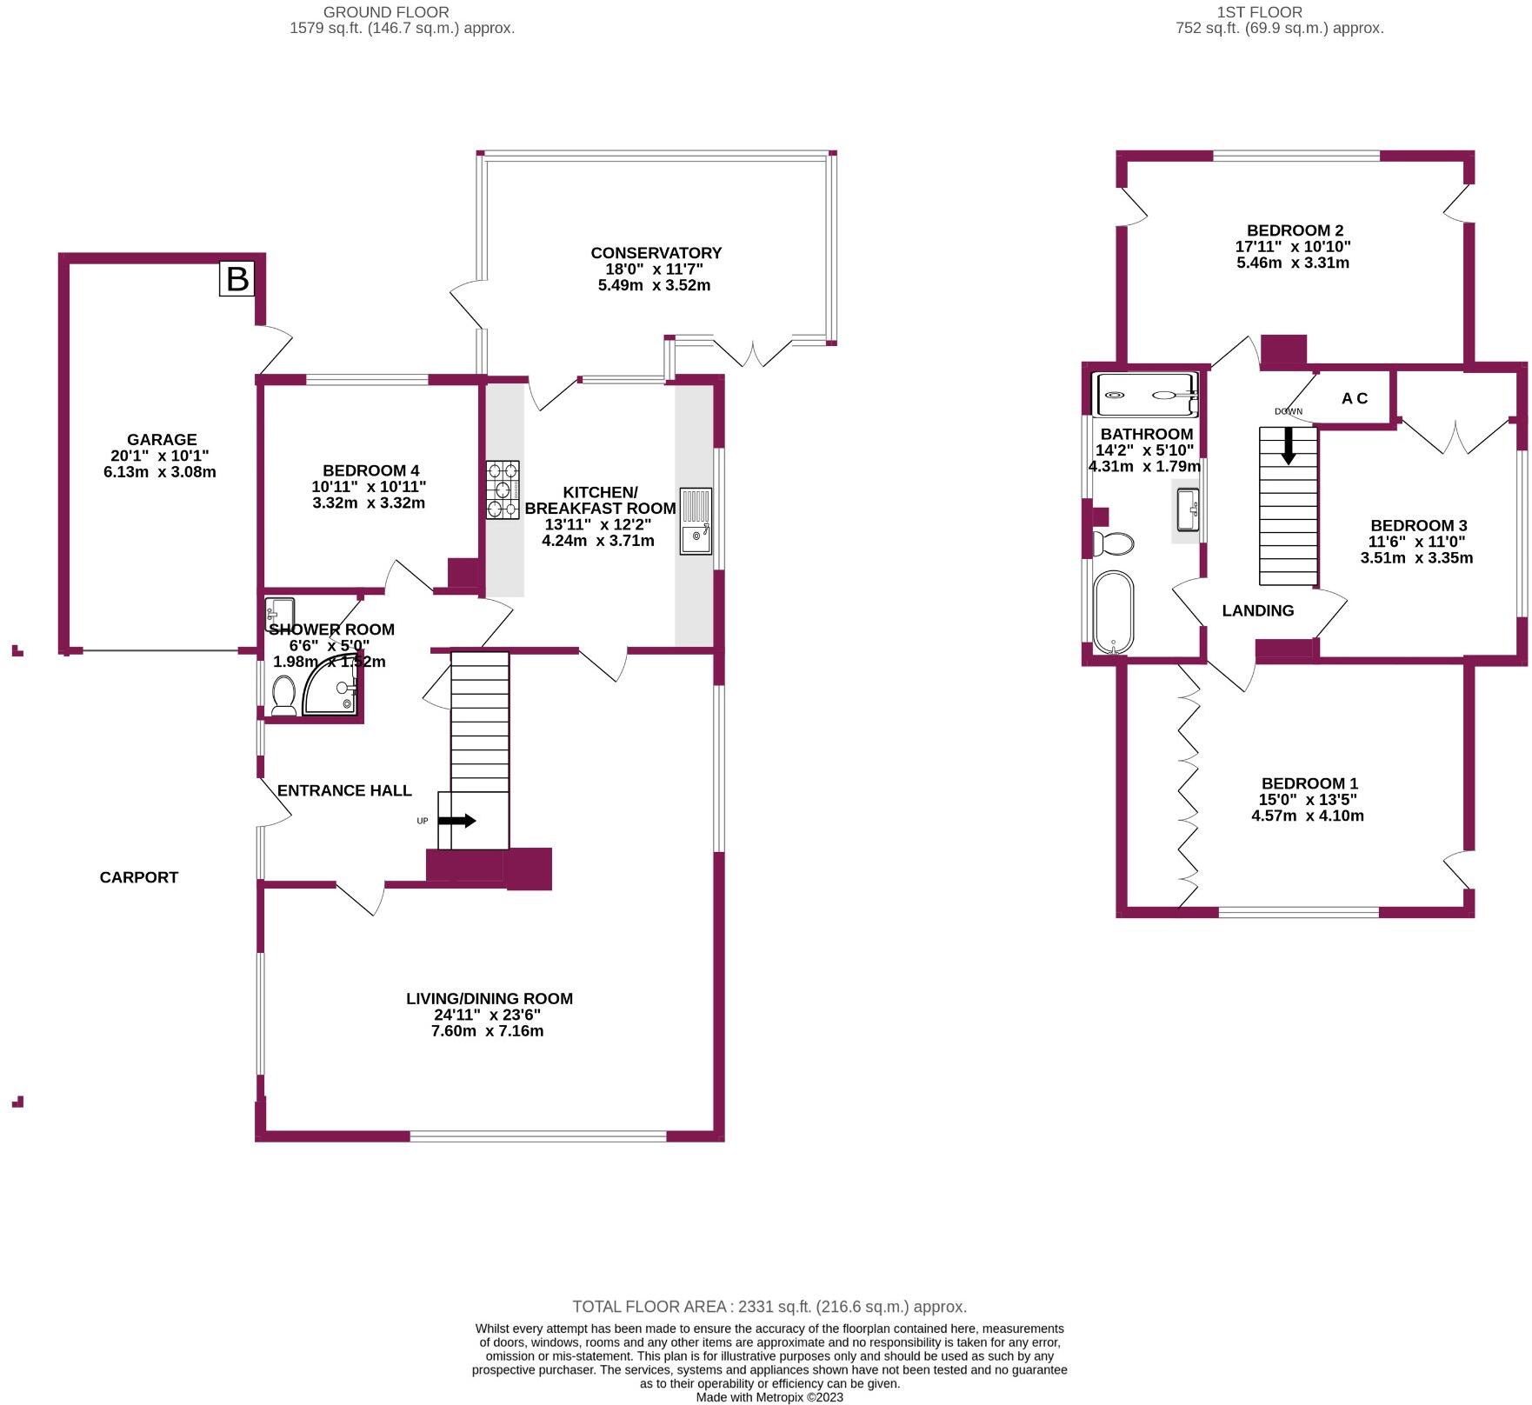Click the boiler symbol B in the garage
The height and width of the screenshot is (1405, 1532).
pyautogui.click(x=236, y=279)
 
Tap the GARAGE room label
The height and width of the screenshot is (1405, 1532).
pyautogui.click(x=162, y=440)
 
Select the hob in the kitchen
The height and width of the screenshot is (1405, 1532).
pyautogui.click(x=503, y=490)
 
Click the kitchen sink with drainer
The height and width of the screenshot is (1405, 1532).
pyautogui.click(x=695, y=521)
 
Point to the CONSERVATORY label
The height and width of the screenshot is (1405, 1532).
pyautogui.click(x=656, y=253)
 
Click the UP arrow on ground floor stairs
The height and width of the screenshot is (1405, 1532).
pyautogui.click(x=457, y=821)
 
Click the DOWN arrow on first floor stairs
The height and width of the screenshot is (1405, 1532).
pyautogui.click(x=1289, y=446)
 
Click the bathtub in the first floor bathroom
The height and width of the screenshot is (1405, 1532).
pyautogui.click(x=1114, y=611)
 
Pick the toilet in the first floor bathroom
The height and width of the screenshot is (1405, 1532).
pyautogui.click(x=1114, y=544)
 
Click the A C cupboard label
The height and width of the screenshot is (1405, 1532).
pyautogui.click(x=1354, y=398)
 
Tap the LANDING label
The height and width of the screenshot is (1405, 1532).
pyautogui.click(x=1257, y=610)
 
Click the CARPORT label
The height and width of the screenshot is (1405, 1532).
pyautogui.click(x=139, y=877)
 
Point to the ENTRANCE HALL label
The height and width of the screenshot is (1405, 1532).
pyautogui.click(x=344, y=790)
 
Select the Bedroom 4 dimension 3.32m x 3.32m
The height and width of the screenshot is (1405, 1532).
pyautogui.click(x=368, y=503)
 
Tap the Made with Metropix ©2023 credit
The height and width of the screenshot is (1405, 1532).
pyautogui.click(x=769, y=1397)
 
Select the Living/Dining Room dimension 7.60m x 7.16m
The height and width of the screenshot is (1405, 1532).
pyautogui.click(x=488, y=1031)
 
